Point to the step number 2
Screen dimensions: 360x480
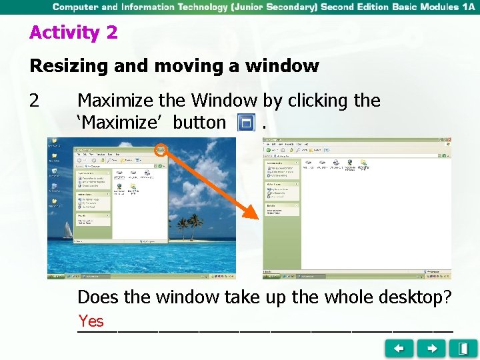35,101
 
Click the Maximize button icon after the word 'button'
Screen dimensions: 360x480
246,123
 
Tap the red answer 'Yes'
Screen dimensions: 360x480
91,321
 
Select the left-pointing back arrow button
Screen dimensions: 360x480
399,348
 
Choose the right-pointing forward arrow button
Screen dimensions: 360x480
432,348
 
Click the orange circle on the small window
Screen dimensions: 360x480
161,149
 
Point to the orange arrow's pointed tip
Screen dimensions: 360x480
255,217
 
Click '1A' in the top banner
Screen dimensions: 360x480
467,7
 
